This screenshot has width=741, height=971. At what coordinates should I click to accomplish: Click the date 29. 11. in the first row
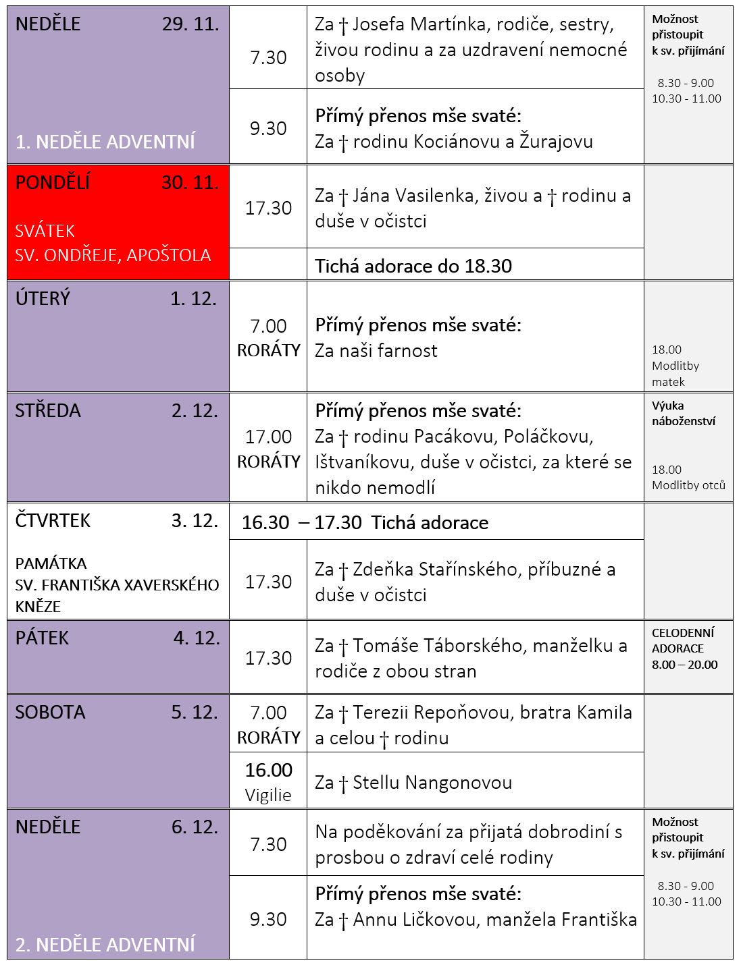click(190, 24)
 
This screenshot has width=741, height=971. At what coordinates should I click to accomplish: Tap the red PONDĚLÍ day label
click(53, 183)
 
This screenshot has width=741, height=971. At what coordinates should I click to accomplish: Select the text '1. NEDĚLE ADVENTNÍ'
click(105, 142)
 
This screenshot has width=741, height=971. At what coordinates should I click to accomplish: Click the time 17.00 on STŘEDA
click(268, 437)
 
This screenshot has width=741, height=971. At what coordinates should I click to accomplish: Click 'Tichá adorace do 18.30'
click(413, 266)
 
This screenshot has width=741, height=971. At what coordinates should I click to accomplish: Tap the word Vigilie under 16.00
click(268, 795)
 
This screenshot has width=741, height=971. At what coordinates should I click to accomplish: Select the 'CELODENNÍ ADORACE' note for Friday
click(683, 641)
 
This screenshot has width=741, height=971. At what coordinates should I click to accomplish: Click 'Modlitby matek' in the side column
click(675, 374)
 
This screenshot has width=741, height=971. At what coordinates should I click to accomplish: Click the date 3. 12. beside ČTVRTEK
click(195, 521)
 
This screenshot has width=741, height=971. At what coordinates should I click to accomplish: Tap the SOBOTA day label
click(50, 713)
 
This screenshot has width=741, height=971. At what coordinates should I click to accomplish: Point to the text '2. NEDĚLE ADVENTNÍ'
click(105, 944)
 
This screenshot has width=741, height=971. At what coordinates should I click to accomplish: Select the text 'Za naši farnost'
click(376, 351)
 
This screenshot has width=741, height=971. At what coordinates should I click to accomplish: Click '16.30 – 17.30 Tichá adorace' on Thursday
click(365, 523)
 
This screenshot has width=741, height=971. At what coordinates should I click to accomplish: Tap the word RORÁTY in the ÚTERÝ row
click(268, 351)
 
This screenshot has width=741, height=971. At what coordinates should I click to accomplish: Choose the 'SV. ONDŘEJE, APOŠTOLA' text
click(113, 256)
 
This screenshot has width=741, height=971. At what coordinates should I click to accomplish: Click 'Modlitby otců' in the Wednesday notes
click(688, 485)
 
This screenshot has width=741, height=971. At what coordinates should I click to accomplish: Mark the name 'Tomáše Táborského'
click(438, 646)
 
